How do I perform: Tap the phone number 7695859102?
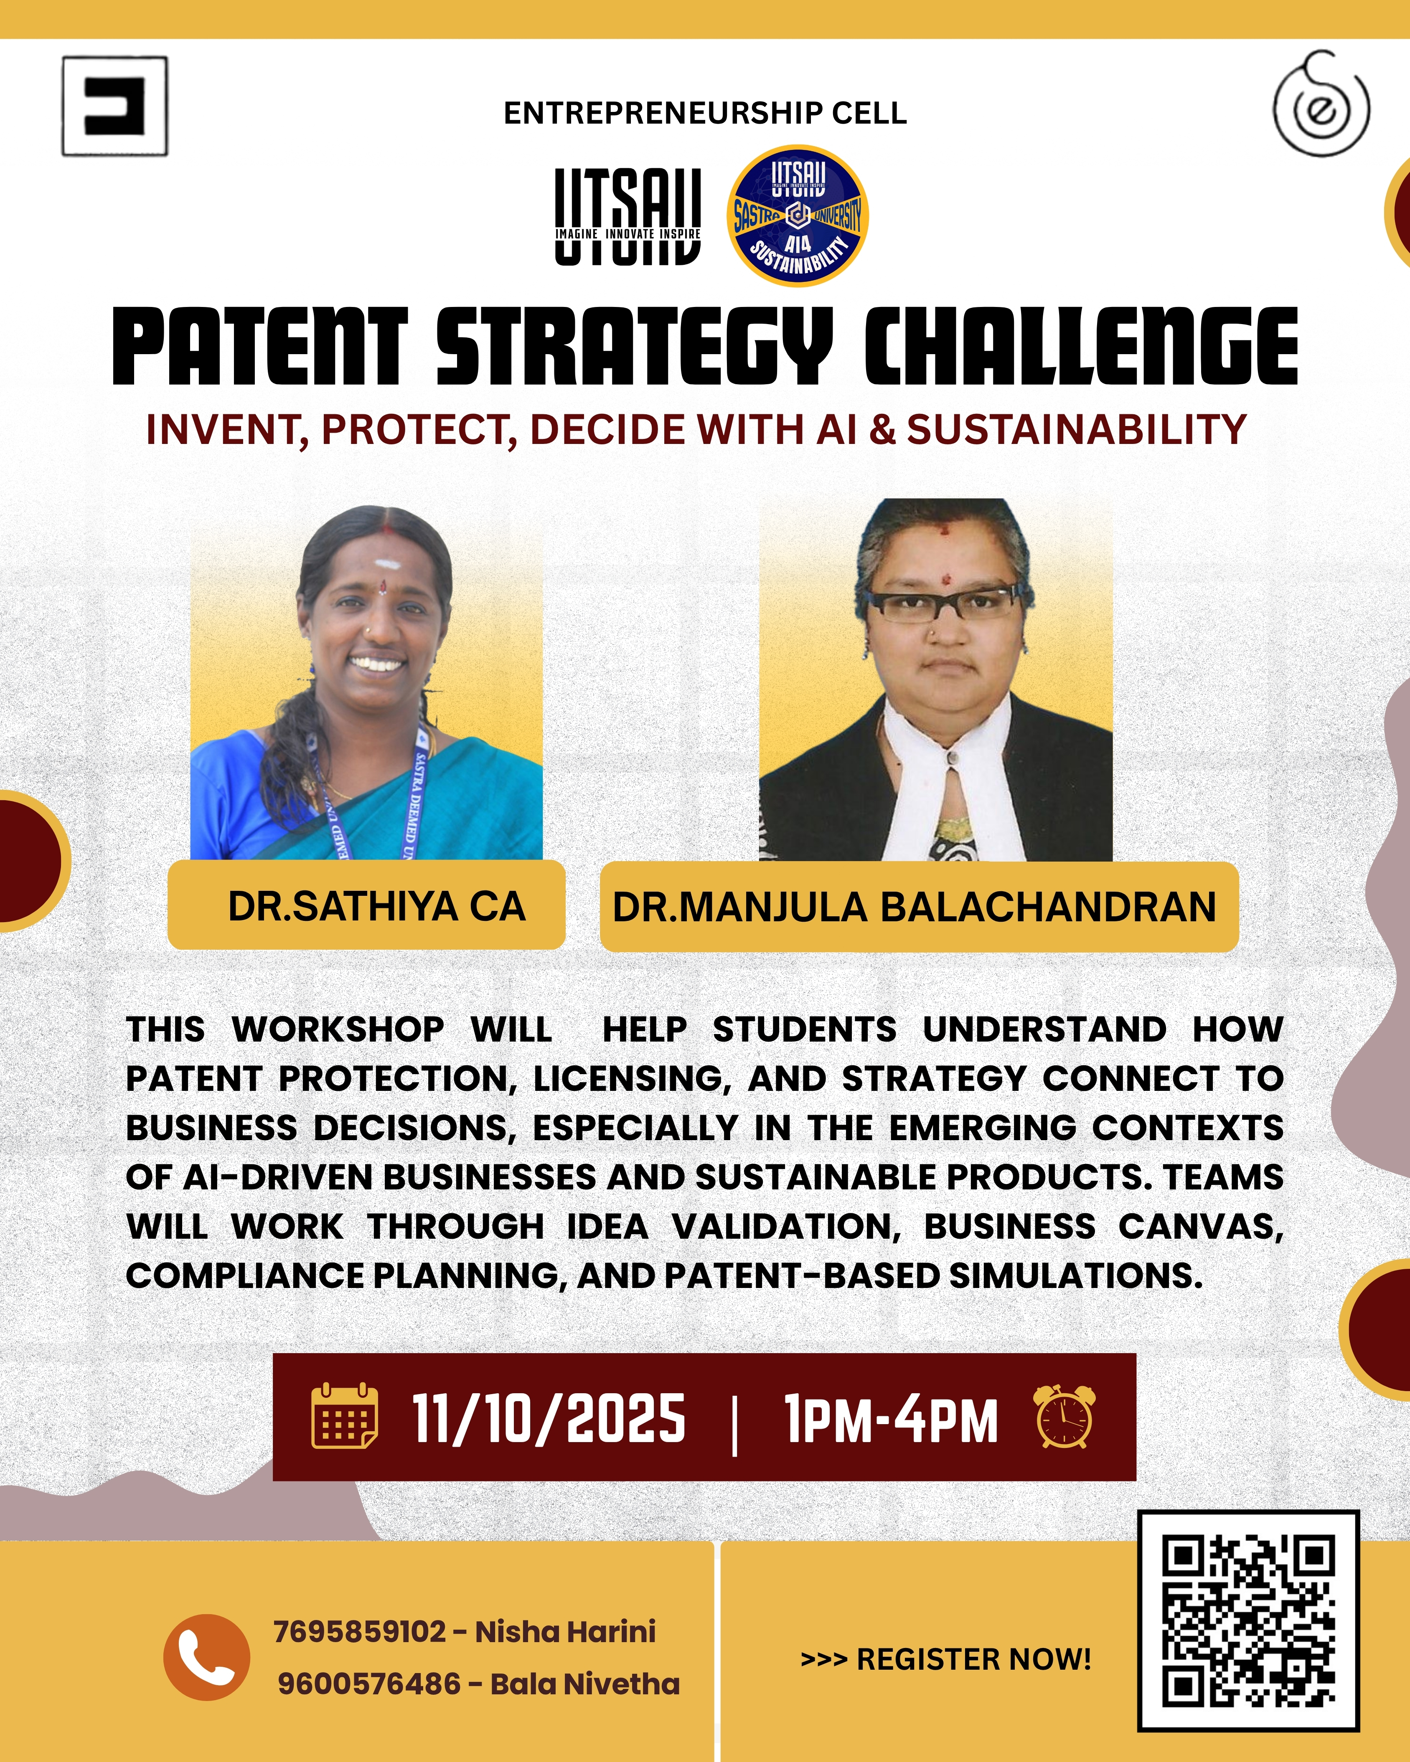tap(361, 1631)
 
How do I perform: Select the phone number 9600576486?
tap(369, 1684)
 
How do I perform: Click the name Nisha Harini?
tap(566, 1631)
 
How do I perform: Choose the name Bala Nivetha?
tap(585, 1684)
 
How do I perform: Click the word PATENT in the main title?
tap(260, 347)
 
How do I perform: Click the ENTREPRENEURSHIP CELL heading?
tap(705, 113)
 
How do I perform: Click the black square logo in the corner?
tap(115, 106)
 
